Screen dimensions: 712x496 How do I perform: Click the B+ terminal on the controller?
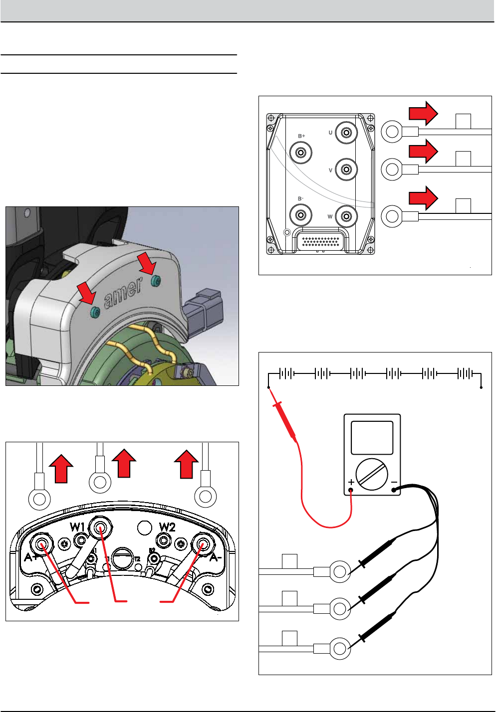pos(301,152)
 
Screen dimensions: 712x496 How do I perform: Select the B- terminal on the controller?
pos(301,215)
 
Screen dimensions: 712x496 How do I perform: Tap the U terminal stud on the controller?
pos(346,133)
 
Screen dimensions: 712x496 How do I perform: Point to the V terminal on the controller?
pos(346,170)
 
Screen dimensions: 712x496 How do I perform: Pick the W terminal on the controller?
pos(346,216)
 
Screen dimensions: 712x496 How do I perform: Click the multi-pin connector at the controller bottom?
pos(321,241)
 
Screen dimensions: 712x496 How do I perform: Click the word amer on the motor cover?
pos(123,294)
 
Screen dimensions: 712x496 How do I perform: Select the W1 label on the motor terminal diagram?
pos(77,527)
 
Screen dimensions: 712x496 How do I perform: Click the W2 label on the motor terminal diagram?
pos(167,527)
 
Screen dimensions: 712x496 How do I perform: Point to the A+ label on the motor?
pos(31,557)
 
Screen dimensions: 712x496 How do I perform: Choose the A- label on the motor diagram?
pos(215,557)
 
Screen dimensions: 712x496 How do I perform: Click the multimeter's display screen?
pos(372,438)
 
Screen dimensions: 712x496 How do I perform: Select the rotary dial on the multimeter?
pos(372,475)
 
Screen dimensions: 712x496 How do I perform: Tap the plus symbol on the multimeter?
pos(351,482)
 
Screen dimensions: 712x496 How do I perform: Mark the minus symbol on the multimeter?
pos(394,482)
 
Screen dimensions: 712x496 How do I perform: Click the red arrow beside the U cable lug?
pos(423,113)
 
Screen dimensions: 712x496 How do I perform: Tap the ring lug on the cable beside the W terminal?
pos(392,216)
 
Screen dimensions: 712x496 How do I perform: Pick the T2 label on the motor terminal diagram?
pos(137,559)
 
